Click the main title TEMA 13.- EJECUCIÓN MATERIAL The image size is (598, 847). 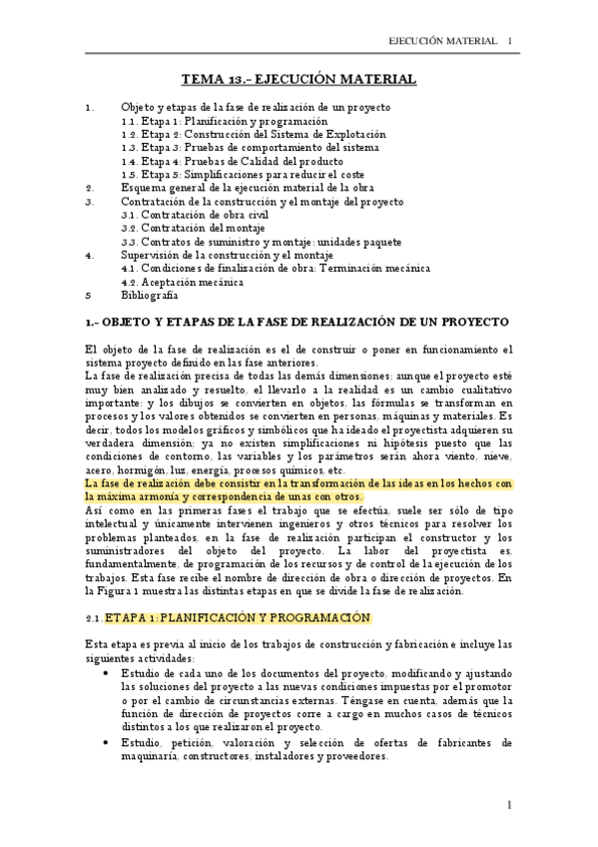pyautogui.click(x=299, y=79)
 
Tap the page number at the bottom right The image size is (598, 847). pyautogui.click(x=508, y=804)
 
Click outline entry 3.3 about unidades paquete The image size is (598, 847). pyautogui.click(x=262, y=241)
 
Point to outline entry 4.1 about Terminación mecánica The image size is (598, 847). pyautogui.click(x=276, y=268)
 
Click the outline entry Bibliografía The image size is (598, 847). pyautogui.click(x=149, y=296)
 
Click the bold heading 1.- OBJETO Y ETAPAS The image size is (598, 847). pyautogui.click(x=298, y=322)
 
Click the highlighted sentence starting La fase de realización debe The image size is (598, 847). pyautogui.click(x=299, y=489)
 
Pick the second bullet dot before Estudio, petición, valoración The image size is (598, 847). pyautogui.click(x=107, y=742)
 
